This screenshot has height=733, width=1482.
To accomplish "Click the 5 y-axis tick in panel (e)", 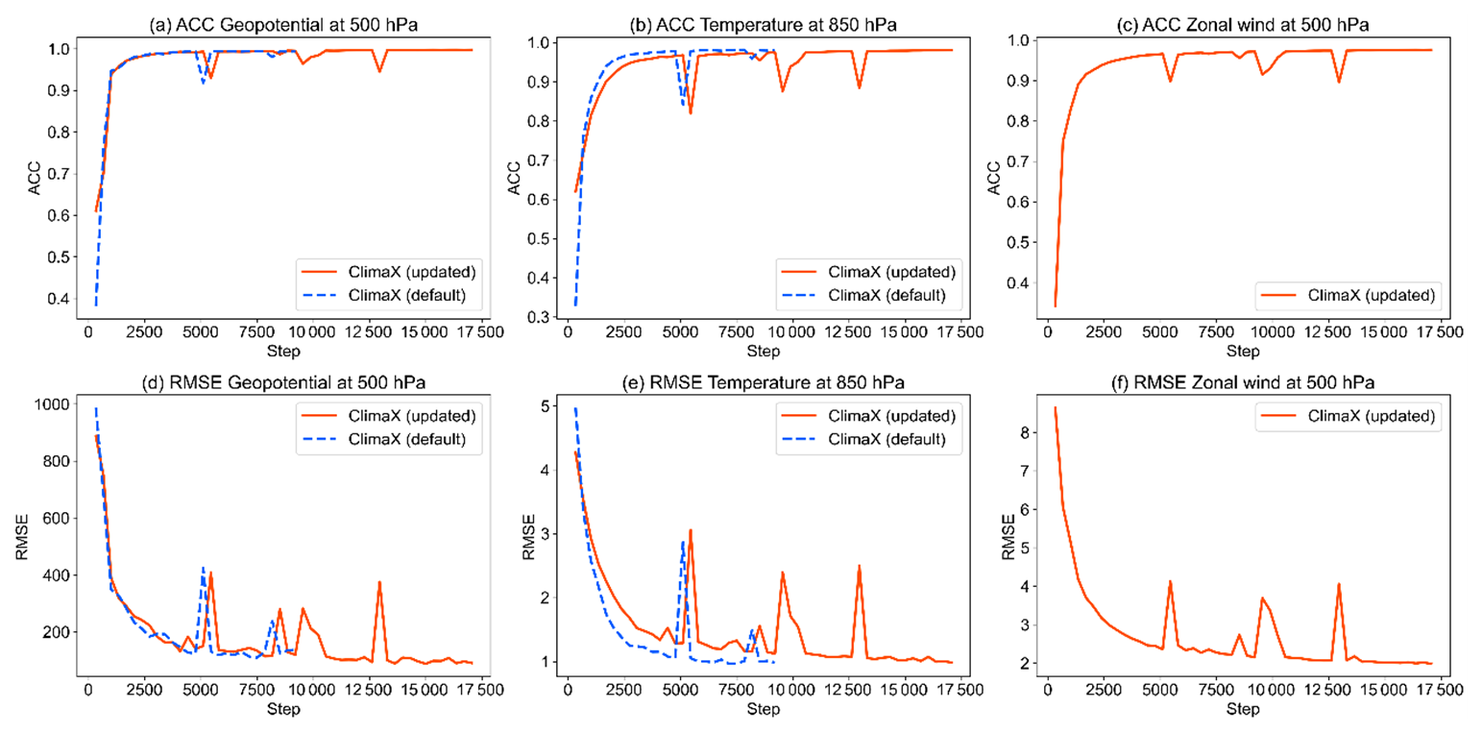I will (x=547, y=406).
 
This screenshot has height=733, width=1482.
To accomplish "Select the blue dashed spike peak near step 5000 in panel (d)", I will (x=203, y=568).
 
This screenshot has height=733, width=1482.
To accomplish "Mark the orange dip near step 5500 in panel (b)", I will (x=691, y=113).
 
